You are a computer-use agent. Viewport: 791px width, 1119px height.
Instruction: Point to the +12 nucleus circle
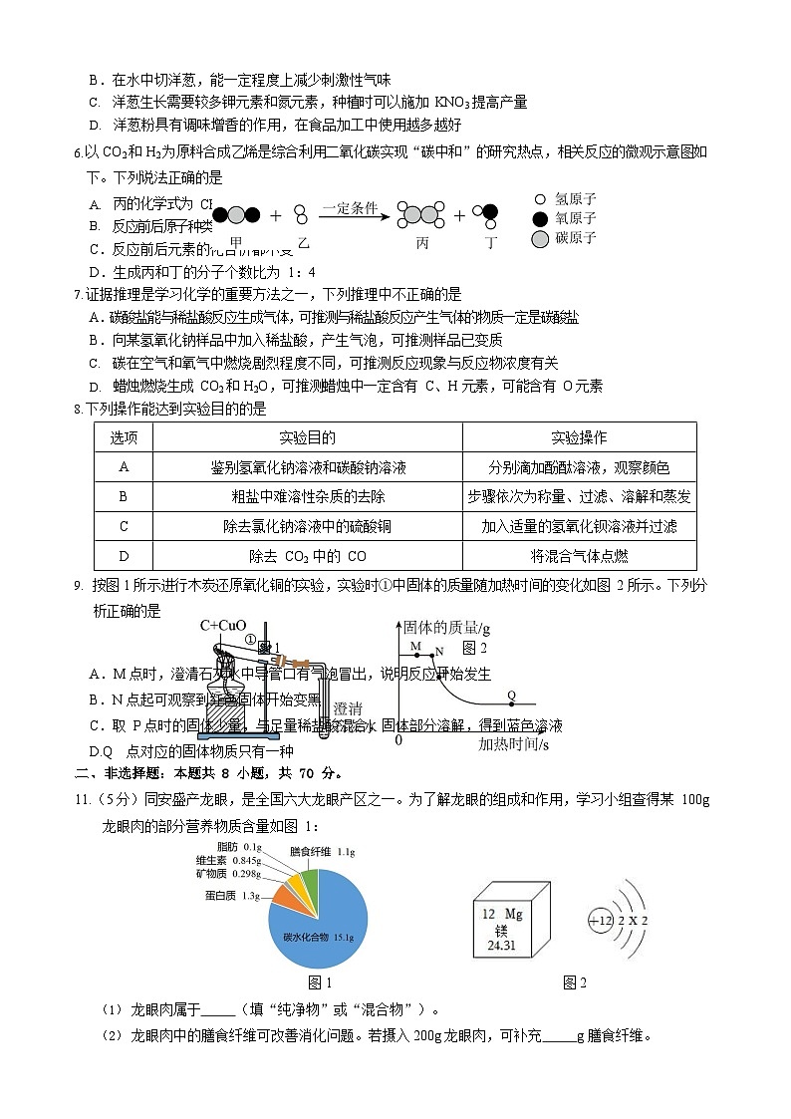(x=601, y=920)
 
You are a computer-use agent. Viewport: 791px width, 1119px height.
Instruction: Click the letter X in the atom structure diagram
(x=633, y=920)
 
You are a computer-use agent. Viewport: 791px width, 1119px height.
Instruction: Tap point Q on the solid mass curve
(x=512, y=696)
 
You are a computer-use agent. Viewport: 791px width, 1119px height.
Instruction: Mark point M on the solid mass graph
(x=414, y=647)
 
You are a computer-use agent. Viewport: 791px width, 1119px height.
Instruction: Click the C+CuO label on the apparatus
(x=223, y=626)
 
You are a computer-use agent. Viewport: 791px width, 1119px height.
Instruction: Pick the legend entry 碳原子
(x=575, y=238)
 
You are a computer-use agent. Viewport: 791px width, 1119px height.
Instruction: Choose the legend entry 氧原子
(x=575, y=218)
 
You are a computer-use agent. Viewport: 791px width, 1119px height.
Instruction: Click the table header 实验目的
(x=307, y=437)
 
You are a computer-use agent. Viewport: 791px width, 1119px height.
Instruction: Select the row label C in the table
(x=124, y=526)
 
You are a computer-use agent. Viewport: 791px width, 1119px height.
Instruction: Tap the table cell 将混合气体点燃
(x=579, y=556)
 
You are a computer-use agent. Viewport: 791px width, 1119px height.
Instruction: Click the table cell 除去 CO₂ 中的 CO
(x=307, y=556)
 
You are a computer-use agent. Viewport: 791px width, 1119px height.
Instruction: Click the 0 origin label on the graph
(x=398, y=740)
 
